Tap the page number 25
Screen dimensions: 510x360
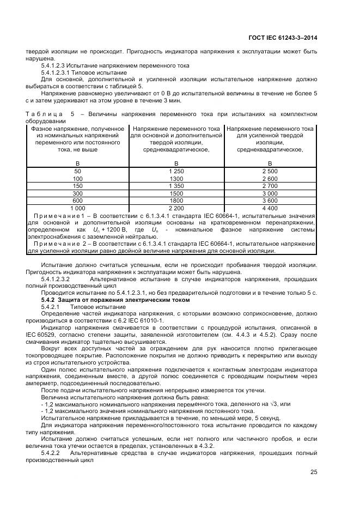point(314,472)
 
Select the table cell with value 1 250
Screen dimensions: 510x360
point(176,171)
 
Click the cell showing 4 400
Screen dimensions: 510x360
point(270,208)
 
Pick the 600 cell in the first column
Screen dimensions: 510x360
point(77,201)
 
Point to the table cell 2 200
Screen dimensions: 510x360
point(176,208)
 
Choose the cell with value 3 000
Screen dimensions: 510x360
point(270,193)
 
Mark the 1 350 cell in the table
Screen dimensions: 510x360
point(176,186)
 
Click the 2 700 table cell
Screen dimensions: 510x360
point(270,186)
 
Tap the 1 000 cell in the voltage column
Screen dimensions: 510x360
point(77,208)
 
